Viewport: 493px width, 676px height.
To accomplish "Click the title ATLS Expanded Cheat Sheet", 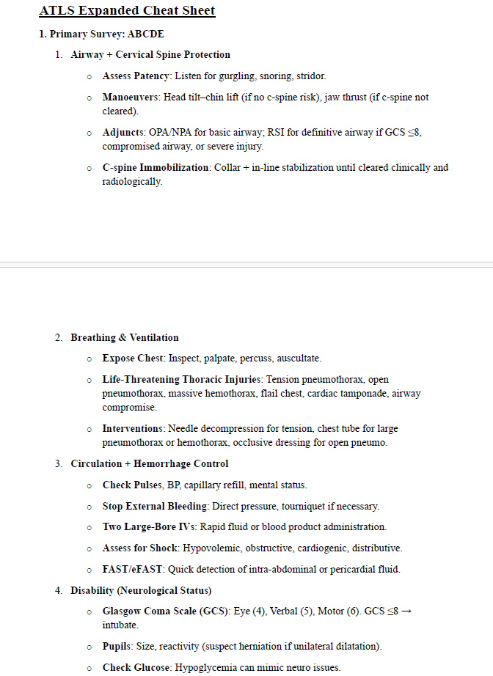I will pos(127,12).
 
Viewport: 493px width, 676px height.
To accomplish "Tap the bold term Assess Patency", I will pos(136,76).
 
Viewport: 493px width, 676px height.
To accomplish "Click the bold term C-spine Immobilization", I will pos(156,167).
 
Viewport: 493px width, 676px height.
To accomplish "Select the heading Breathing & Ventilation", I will pos(125,338).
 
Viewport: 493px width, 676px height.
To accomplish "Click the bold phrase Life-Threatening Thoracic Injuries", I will pos(182,380).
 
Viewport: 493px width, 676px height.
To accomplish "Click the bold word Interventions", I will pos(133,428).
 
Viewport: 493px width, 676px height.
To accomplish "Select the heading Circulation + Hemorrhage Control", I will pos(150,464).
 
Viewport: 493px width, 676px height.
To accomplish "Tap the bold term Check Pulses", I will pos(127,485).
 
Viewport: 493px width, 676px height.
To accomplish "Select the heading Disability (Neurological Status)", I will pos(141,590).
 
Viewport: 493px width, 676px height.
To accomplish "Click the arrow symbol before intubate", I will pos(407,611).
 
